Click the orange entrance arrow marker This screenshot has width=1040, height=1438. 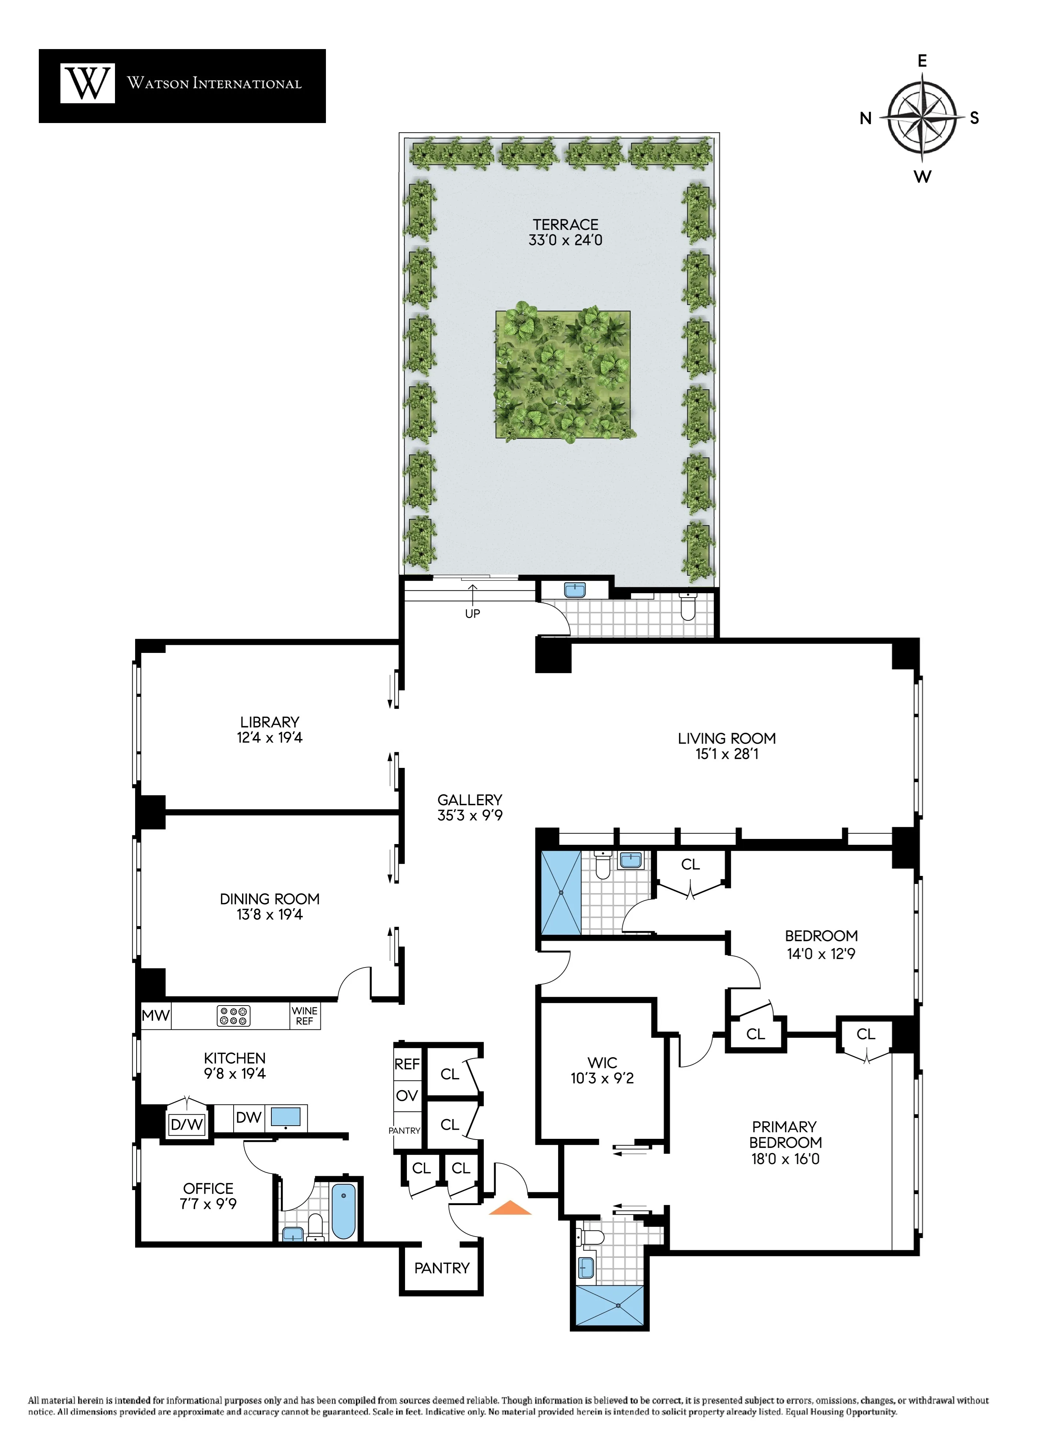(x=510, y=1208)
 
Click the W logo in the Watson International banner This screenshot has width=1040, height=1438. (x=88, y=83)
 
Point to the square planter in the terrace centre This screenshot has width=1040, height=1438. (x=562, y=374)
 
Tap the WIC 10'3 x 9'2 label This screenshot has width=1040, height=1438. (x=602, y=1070)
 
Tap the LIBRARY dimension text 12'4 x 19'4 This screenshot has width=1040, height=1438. (x=270, y=737)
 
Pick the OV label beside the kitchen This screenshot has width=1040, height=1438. (x=406, y=1096)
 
